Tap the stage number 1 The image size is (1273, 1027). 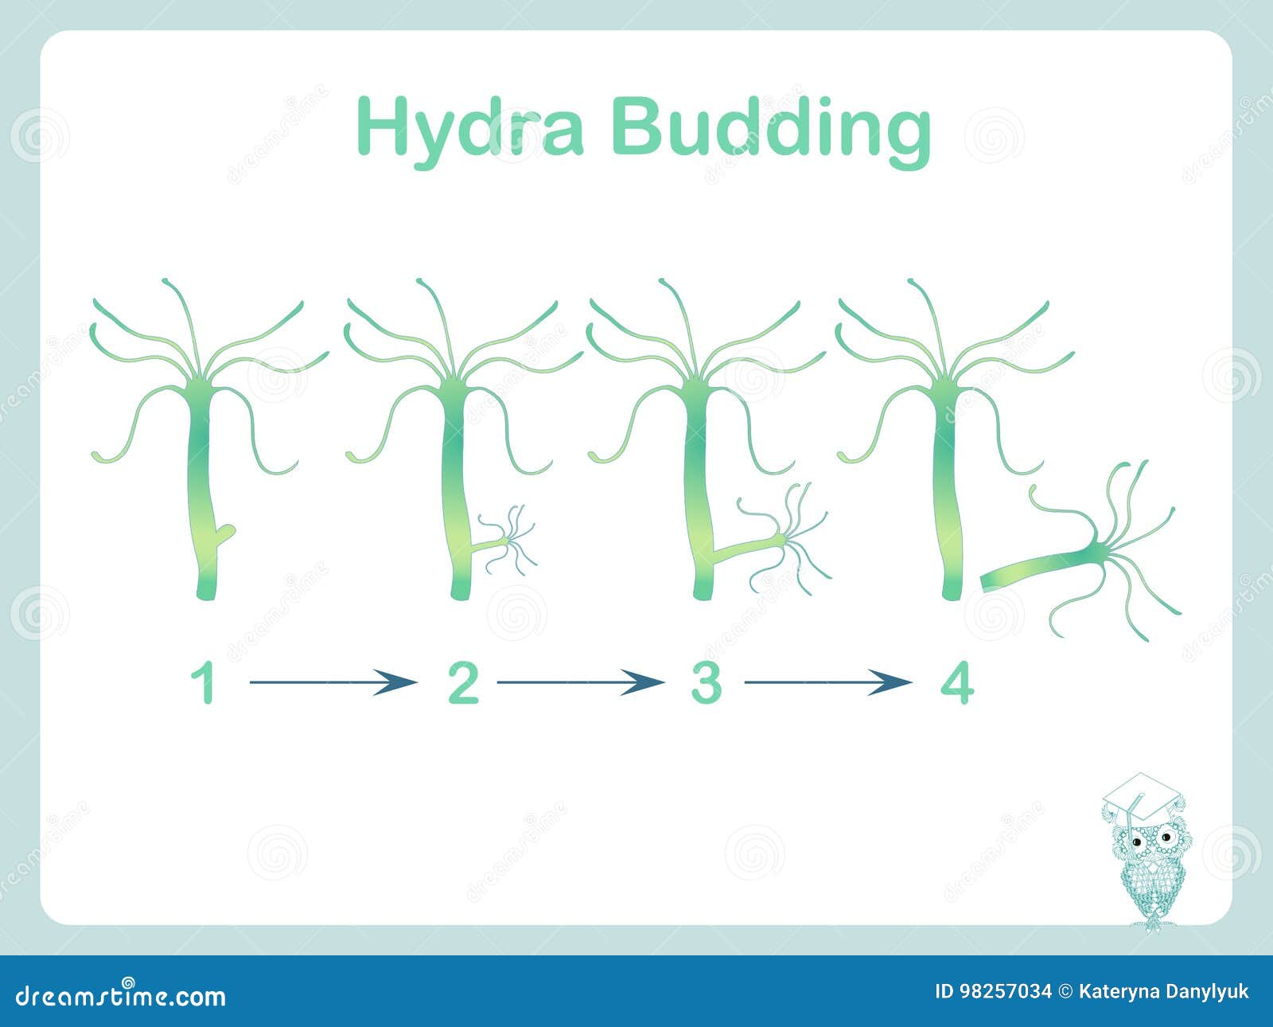[x=204, y=684]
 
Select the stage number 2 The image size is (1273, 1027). [x=463, y=684]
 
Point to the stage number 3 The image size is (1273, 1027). [x=707, y=684]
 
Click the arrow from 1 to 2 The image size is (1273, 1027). [x=333, y=682]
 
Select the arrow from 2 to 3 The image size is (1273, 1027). [x=581, y=682]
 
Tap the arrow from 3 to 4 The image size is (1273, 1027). [x=828, y=682]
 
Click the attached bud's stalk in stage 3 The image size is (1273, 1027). [x=746, y=548]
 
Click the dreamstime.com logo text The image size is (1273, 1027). [x=121, y=997]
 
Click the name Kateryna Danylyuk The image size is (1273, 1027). [x=1163, y=992]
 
